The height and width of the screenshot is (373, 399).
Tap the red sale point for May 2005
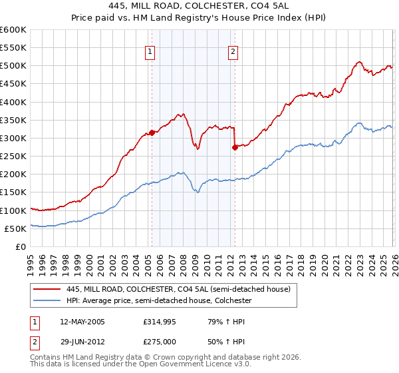tap(152, 133)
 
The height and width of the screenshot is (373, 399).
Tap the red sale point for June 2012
tap(235, 147)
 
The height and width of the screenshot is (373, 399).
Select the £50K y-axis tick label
tap(15, 228)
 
